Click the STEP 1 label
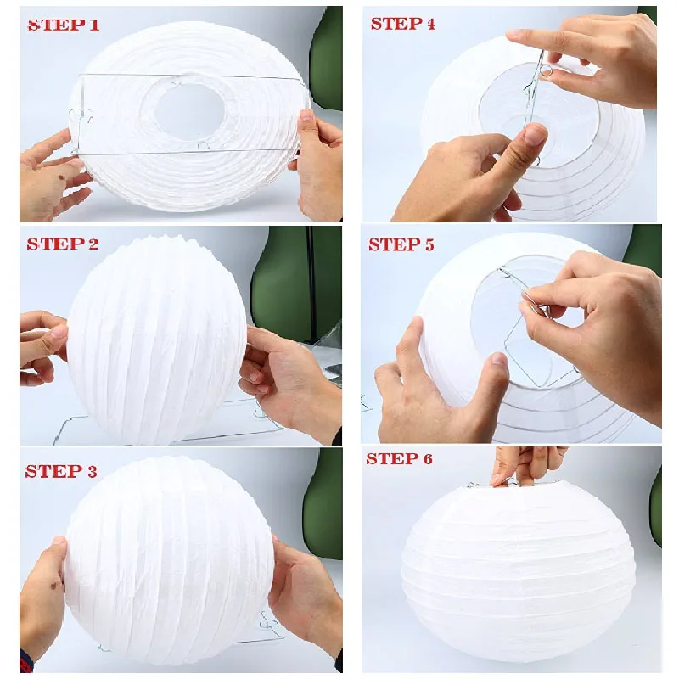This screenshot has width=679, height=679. click(64, 25)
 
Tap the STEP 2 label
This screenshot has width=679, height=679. click(63, 244)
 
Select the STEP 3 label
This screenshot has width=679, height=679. click(61, 471)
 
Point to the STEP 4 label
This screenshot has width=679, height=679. click(402, 24)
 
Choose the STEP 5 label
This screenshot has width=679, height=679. click(401, 244)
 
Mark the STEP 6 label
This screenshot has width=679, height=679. click(399, 458)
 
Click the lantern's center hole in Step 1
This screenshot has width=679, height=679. click(190, 111)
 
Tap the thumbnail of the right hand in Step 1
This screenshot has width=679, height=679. click(307, 116)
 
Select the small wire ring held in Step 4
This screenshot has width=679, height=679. click(547, 71)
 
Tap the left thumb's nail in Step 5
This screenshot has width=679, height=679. click(499, 359)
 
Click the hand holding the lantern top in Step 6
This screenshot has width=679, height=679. click(524, 465)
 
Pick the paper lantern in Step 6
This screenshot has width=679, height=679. click(519, 575)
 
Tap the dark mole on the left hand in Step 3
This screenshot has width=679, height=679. click(53, 586)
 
